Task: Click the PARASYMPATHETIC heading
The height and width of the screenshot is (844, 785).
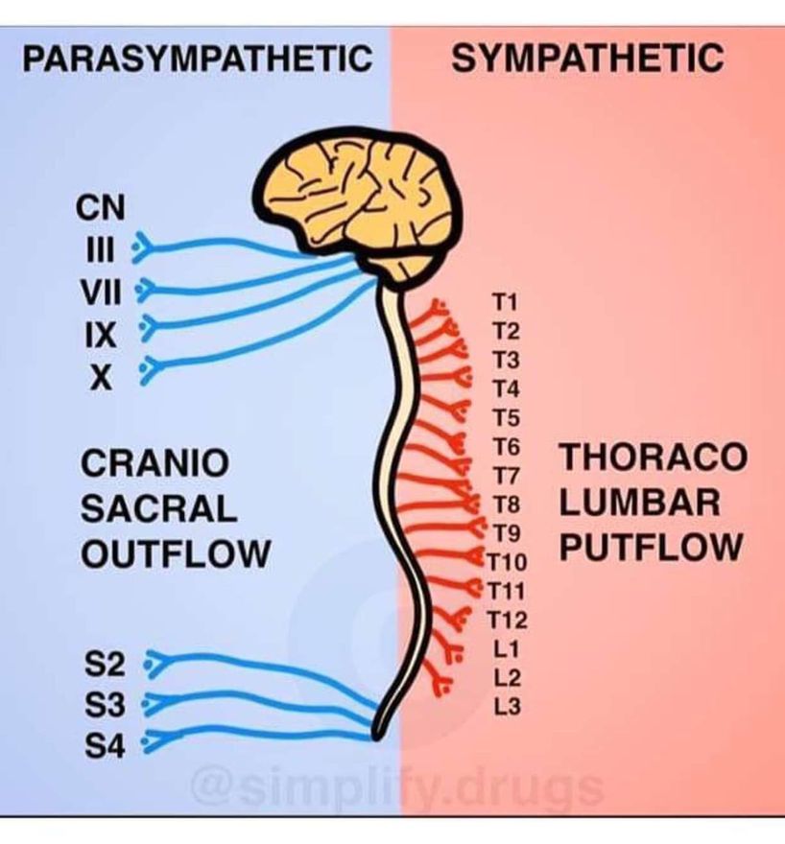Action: (x=197, y=59)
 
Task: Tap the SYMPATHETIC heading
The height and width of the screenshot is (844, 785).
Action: (x=586, y=59)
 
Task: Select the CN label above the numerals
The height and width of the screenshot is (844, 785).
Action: (x=97, y=207)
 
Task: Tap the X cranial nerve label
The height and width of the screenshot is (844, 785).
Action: (x=98, y=377)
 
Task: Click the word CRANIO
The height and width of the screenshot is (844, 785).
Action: (x=155, y=463)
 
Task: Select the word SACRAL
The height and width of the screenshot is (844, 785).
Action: (x=158, y=508)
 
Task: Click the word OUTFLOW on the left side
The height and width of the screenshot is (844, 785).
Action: (x=175, y=554)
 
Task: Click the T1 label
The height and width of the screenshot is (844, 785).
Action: (x=506, y=304)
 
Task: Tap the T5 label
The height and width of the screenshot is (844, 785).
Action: (x=506, y=418)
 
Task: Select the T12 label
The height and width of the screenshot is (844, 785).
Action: (x=508, y=621)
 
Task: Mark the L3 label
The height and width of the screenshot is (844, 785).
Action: (x=508, y=708)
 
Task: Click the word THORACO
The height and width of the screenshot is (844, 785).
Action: (x=653, y=457)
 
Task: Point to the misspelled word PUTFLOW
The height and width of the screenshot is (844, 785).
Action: (x=652, y=548)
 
